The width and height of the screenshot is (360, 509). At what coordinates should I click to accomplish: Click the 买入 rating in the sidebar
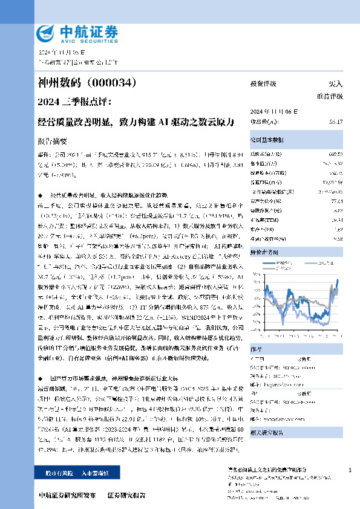335,84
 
